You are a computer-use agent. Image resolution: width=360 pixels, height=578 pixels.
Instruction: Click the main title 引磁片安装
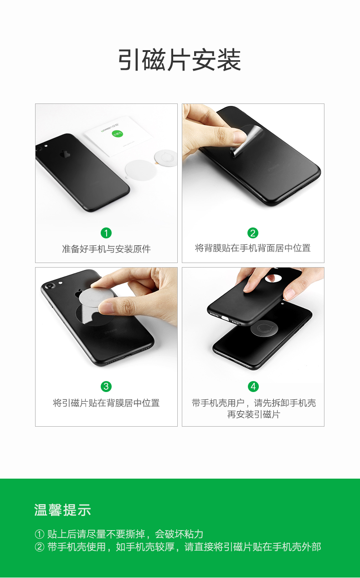point(180,60)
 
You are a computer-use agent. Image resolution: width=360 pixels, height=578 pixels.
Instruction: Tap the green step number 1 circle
point(106,233)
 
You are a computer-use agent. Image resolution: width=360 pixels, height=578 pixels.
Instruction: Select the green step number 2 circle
point(253,233)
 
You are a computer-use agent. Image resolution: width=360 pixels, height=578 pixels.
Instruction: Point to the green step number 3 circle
point(106,387)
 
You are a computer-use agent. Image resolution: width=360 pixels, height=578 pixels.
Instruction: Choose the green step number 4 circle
point(253,387)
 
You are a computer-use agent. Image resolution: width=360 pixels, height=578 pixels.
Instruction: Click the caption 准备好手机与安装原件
point(106,249)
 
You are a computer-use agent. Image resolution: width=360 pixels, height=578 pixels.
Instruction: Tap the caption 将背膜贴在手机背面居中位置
point(253,248)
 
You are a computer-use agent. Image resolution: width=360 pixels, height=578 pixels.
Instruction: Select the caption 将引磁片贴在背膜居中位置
point(106,403)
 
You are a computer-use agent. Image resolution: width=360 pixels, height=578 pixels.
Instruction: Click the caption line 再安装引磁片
point(253,414)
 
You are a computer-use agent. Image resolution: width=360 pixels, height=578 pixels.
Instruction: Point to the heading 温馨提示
point(63,510)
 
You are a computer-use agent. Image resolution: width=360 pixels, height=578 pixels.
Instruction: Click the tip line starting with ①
point(119,534)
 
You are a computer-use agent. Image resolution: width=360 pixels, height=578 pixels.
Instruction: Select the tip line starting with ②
point(178,547)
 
